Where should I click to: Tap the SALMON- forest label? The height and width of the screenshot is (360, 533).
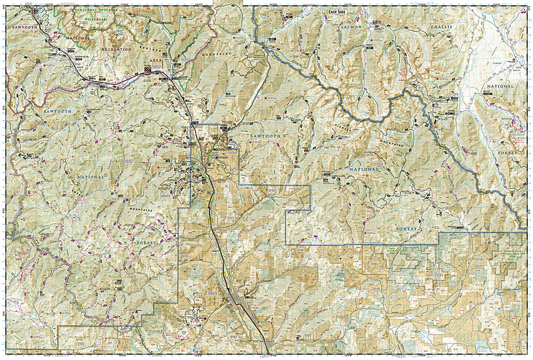(x=352, y=27)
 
